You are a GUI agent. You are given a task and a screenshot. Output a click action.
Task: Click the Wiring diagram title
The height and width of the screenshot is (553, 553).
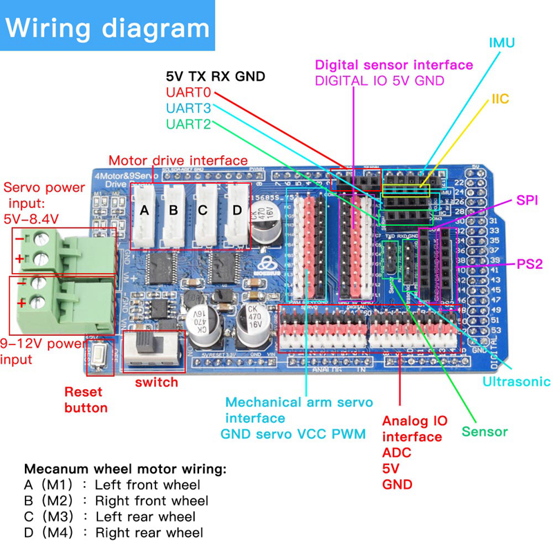pyautogui.click(x=108, y=28)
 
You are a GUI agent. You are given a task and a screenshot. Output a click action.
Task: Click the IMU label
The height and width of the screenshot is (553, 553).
pyautogui.click(x=502, y=43)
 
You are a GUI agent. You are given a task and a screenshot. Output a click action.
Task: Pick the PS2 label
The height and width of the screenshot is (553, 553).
pyautogui.click(x=530, y=264)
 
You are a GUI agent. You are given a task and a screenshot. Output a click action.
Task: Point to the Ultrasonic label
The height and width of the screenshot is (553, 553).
pyautogui.click(x=516, y=381)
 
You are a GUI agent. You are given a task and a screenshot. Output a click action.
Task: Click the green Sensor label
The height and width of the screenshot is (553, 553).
pyautogui.click(x=485, y=432)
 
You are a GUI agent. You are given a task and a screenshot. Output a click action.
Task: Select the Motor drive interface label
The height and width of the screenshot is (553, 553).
pyautogui.click(x=178, y=160)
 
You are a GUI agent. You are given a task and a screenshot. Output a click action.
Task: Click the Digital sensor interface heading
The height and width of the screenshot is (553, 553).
pyautogui.click(x=394, y=65)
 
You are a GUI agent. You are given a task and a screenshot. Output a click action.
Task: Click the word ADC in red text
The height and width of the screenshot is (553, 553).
pyautogui.click(x=397, y=453)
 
